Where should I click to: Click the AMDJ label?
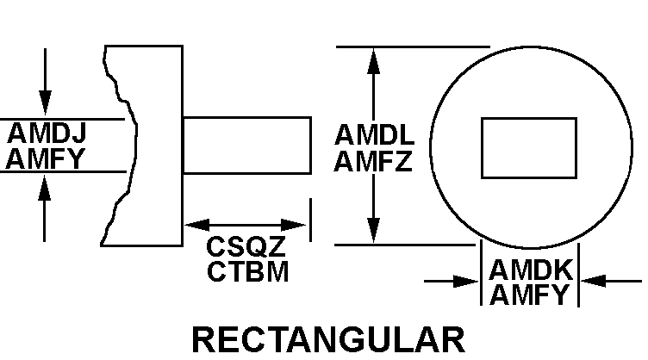point(49,135)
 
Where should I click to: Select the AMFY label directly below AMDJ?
point(49,158)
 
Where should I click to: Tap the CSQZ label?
point(246,247)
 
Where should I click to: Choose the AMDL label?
point(374,136)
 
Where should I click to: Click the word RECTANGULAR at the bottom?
point(328,338)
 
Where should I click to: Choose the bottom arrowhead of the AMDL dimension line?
point(374,233)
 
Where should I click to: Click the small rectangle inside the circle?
point(529,148)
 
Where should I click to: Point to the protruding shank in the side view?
point(246,146)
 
